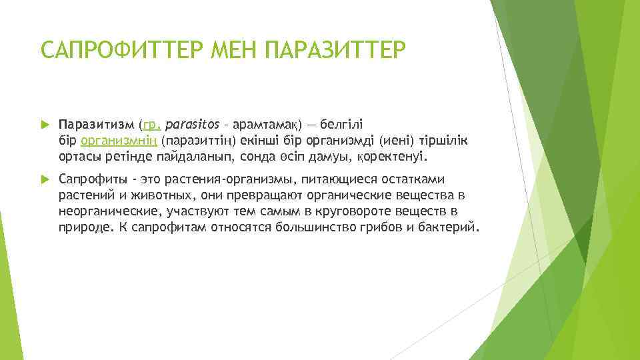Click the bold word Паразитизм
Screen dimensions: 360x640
click(96, 125)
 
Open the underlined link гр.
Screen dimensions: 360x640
click(151, 125)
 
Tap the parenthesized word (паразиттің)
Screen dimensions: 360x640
click(192, 141)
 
